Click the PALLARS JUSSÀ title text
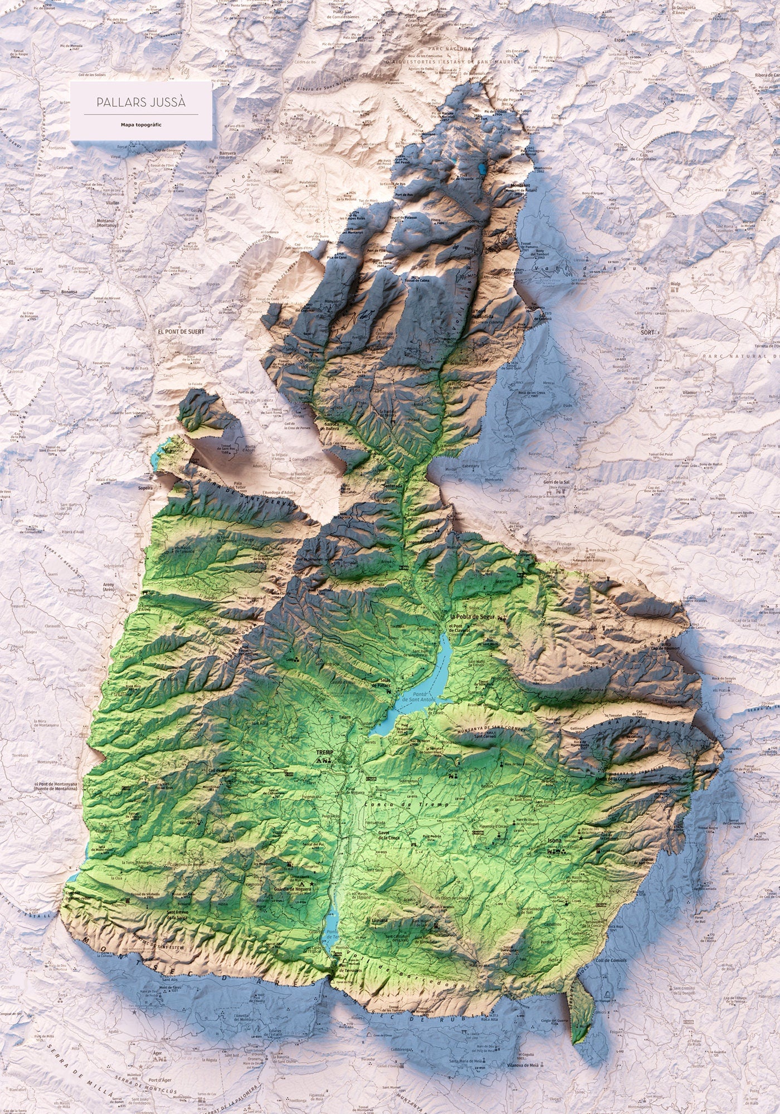[140, 102]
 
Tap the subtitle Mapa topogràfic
[141, 125]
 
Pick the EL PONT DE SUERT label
[181, 331]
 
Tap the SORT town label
[647, 332]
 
